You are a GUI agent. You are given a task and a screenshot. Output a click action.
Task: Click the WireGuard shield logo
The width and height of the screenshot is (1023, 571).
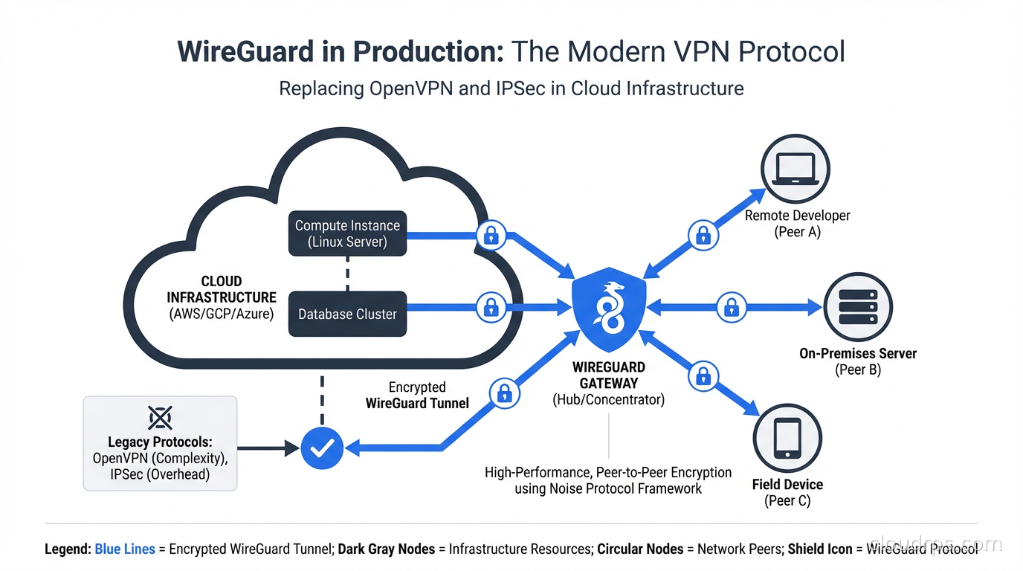click(609, 307)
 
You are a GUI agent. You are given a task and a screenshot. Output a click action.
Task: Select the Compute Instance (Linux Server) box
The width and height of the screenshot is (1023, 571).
click(347, 233)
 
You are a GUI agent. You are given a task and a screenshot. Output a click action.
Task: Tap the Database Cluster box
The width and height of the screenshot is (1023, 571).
click(347, 314)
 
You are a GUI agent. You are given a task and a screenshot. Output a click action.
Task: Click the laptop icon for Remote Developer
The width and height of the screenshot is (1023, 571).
click(796, 170)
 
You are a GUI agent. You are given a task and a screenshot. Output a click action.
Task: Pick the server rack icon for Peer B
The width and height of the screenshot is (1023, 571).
click(858, 306)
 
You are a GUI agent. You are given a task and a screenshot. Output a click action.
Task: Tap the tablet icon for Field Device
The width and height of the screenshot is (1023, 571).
click(787, 439)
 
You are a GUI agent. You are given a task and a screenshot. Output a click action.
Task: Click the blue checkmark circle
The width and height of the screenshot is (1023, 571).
click(322, 448)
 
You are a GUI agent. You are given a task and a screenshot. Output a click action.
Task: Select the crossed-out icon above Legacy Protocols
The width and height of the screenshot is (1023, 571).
click(160, 418)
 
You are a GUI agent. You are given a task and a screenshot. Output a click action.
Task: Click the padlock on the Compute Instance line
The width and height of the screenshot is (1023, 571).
click(490, 236)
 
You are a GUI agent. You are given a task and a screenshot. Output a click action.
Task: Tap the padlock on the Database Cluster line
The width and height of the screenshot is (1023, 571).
click(490, 306)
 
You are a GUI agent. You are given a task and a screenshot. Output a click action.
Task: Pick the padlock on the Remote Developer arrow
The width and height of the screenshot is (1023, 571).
click(702, 236)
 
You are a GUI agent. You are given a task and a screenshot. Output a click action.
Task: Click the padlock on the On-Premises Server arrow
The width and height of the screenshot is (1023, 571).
click(731, 306)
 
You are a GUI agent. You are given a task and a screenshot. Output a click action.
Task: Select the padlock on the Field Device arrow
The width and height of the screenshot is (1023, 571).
click(703, 376)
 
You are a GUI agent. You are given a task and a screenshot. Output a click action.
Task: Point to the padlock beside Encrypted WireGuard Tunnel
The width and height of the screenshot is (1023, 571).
click(503, 393)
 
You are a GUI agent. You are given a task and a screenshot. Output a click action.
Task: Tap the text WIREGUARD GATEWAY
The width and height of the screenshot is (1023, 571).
click(609, 375)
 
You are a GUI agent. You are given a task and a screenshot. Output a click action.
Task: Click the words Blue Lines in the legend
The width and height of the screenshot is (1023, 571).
click(125, 549)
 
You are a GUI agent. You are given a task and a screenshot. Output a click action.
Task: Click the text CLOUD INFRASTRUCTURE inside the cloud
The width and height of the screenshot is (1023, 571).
click(222, 289)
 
